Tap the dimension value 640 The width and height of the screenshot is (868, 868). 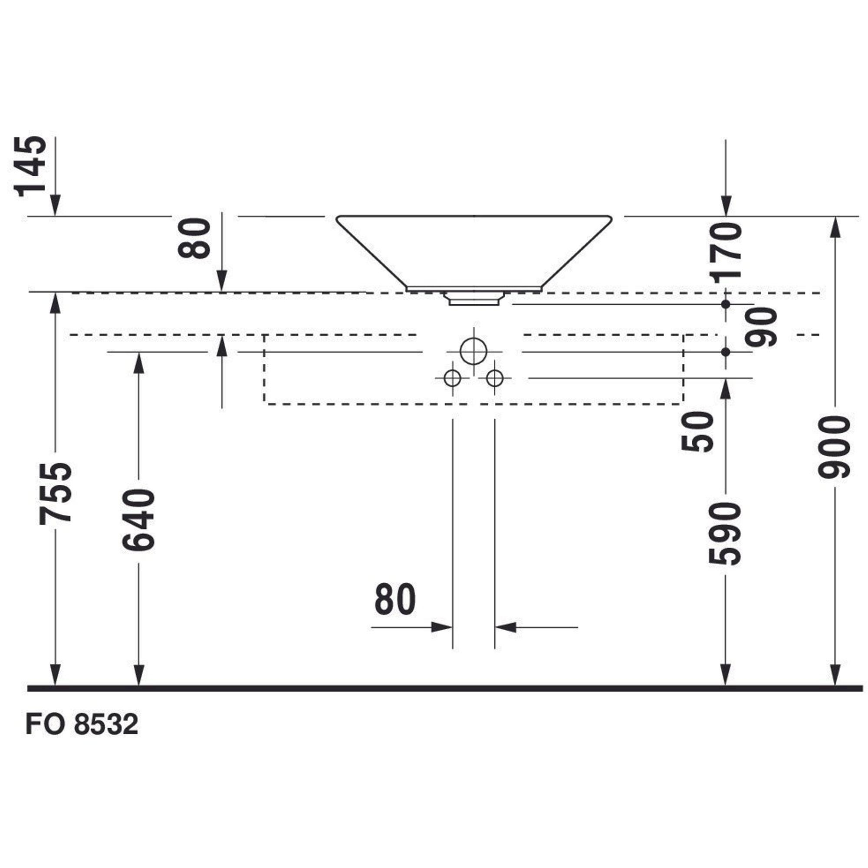coord(138,520)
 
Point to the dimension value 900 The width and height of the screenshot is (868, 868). coord(834,447)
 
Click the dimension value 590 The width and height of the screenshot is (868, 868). coord(724,533)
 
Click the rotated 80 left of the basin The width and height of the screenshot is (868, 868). coord(194,238)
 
